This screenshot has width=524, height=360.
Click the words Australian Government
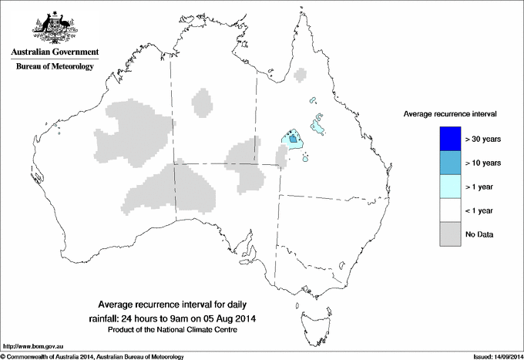[54, 52]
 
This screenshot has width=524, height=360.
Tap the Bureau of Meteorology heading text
[54, 66]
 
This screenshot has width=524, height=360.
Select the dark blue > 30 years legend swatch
[449, 139]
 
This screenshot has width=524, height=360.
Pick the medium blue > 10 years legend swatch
[449, 163]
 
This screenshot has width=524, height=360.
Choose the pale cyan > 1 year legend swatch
[449, 187]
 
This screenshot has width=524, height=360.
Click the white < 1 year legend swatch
[449, 210]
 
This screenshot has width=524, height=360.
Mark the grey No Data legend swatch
[449, 234]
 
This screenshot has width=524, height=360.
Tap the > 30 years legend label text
[484, 140]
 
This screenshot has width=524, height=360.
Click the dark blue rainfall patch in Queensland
[293, 139]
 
